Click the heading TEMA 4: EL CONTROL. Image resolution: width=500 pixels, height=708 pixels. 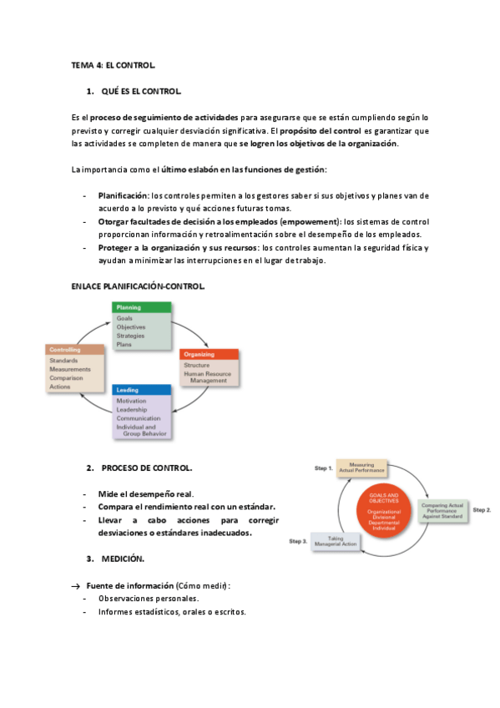[x=113, y=64]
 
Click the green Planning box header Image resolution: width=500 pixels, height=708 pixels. [x=141, y=308]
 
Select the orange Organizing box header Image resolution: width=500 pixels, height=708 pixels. [x=209, y=354]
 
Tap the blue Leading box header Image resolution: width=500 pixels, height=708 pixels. [x=142, y=390]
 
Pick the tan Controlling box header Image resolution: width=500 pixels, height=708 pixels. [x=74, y=349]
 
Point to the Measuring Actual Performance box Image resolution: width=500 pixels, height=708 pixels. [x=361, y=468]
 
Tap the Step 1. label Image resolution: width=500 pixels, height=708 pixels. [x=323, y=468]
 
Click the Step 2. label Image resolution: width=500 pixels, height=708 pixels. [x=482, y=509]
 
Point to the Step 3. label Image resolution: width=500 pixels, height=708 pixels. [x=298, y=542]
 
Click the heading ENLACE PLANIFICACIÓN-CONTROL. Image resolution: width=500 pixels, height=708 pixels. [x=139, y=286]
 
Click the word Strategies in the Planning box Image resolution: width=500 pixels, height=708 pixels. [x=131, y=336]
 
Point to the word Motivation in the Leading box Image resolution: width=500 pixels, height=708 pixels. [x=132, y=401]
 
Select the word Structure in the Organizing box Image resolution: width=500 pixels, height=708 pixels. [x=197, y=365]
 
